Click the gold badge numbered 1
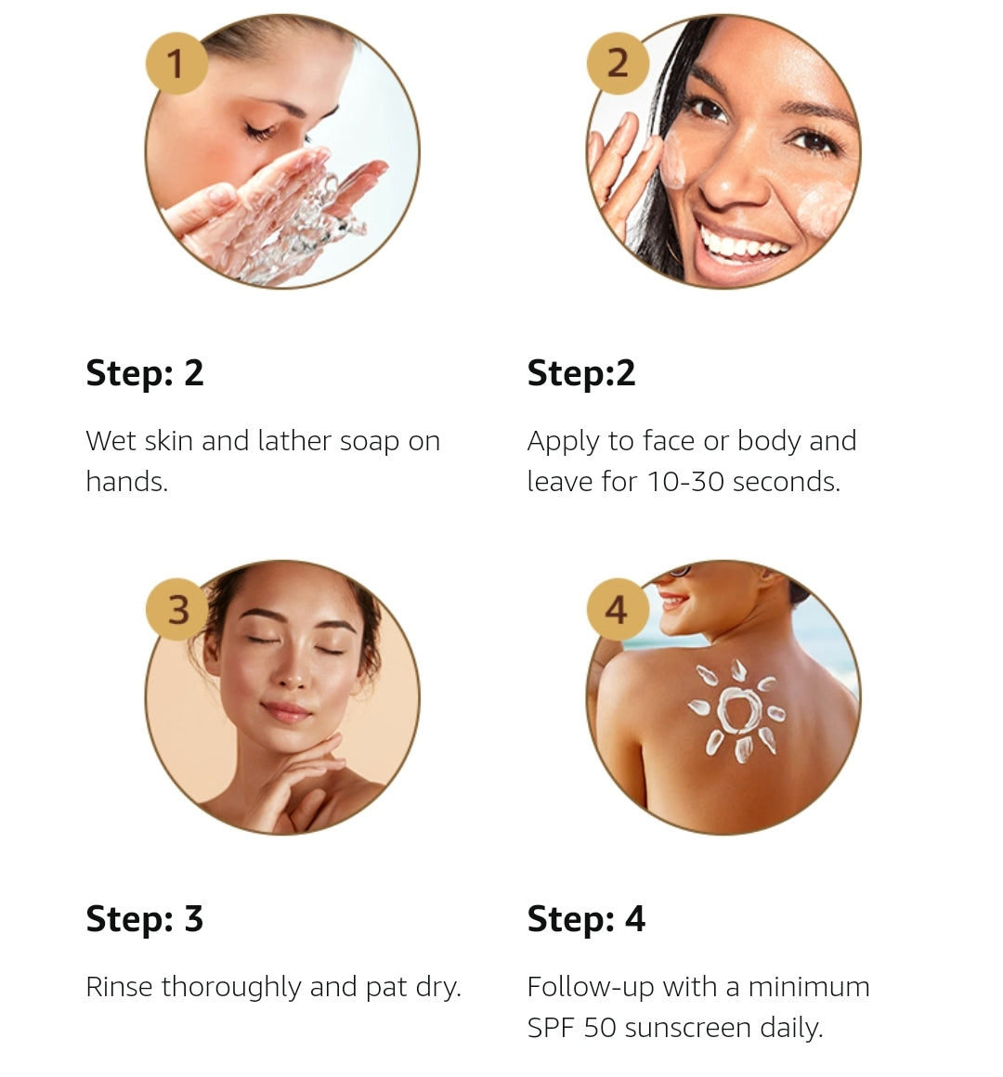[x=176, y=63]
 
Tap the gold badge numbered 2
[x=618, y=63]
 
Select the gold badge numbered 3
[x=176, y=609]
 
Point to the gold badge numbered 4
[x=618, y=609]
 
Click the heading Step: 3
[x=144, y=920]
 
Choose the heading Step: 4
[x=586, y=920]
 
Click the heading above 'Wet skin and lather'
[x=144, y=373]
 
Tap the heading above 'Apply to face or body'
[x=581, y=373]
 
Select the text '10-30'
[x=685, y=482]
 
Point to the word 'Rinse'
[x=120, y=987]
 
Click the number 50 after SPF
[x=600, y=1028]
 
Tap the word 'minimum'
[x=809, y=987]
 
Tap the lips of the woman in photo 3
[x=286, y=711]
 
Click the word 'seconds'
[x=787, y=482]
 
